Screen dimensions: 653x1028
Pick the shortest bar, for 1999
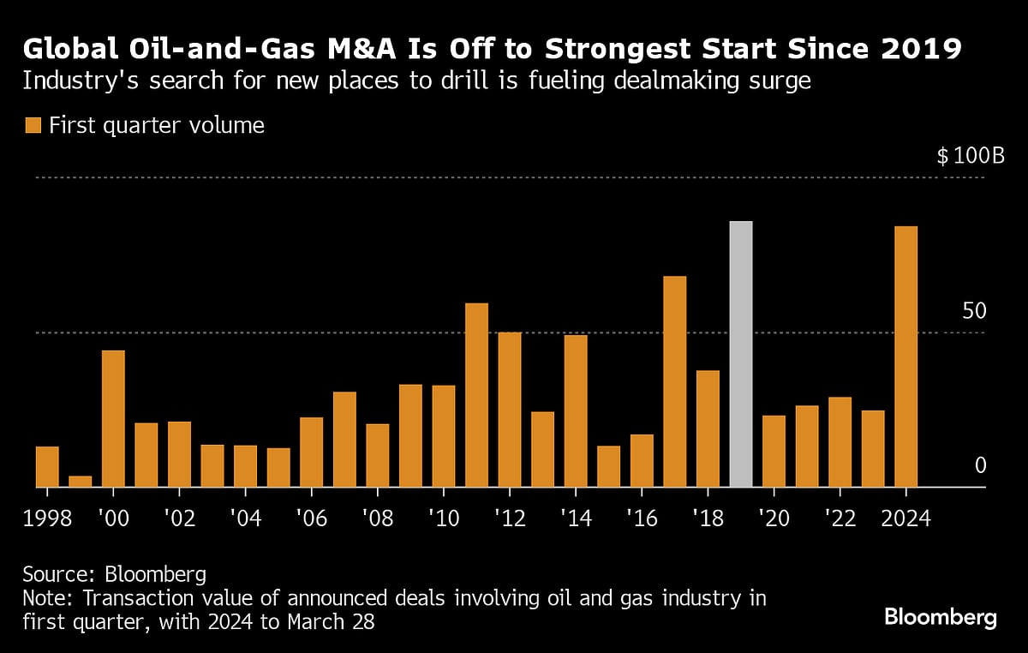80,482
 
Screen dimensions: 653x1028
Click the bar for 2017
674,381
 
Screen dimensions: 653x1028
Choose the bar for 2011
476,395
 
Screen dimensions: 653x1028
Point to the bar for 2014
576,410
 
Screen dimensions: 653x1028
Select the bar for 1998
47,466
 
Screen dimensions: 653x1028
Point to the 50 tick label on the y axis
974,311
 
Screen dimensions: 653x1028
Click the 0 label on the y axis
981,465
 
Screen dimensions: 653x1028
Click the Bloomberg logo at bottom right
940,617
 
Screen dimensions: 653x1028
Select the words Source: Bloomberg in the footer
115,573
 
